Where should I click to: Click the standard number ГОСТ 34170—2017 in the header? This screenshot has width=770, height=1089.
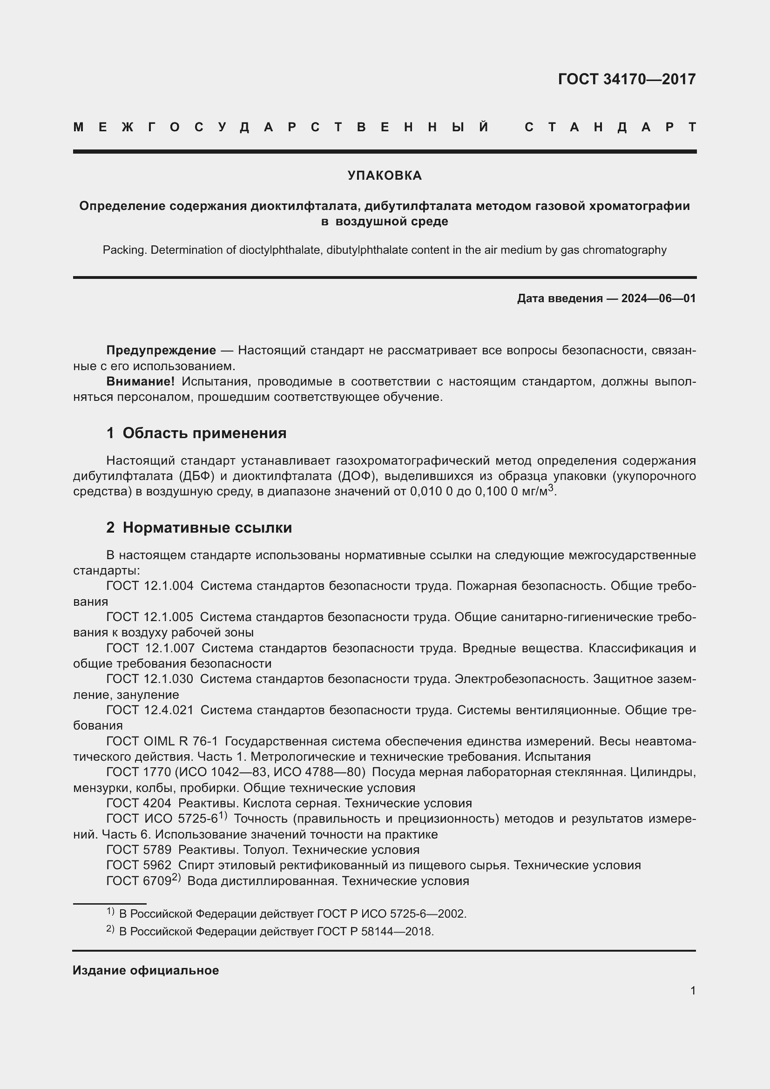[x=626, y=79]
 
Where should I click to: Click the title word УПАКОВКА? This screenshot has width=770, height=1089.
[x=385, y=176]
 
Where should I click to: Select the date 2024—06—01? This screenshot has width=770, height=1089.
[x=658, y=298]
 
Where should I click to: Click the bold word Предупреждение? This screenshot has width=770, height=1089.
[x=161, y=351]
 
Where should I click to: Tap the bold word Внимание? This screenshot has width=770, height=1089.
[x=140, y=381]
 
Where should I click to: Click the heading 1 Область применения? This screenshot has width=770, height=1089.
[x=196, y=433]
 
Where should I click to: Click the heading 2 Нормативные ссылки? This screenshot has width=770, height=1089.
[x=199, y=528]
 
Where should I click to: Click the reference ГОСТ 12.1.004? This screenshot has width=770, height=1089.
[x=150, y=586]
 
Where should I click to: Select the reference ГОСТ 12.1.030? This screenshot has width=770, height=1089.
[x=150, y=679]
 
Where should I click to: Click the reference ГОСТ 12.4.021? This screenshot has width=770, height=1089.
[x=150, y=710]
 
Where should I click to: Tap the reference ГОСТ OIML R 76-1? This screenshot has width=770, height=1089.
[x=162, y=741]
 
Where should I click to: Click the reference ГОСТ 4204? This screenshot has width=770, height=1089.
[x=138, y=803]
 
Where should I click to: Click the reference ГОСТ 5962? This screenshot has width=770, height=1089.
[x=138, y=865]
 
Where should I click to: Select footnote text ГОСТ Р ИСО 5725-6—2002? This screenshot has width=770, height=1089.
[x=391, y=913]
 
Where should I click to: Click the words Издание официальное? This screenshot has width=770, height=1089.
[x=146, y=970]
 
